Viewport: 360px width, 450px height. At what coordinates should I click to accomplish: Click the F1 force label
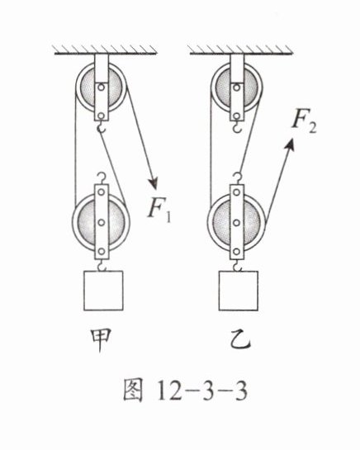[x=159, y=210]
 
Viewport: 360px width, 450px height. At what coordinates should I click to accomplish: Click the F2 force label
[x=305, y=123]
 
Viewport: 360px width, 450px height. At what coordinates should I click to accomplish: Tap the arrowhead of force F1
[x=154, y=182]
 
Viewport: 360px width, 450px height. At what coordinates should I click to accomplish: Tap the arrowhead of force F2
[x=290, y=144]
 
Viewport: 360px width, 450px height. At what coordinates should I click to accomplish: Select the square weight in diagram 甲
[x=103, y=291]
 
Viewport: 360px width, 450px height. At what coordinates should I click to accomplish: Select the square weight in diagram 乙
[x=239, y=291]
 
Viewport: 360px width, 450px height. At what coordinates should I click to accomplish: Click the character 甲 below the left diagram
[x=100, y=340]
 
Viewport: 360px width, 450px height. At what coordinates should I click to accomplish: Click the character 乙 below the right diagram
[x=239, y=340]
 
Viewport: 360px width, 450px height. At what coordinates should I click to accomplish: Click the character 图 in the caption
[x=133, y=391]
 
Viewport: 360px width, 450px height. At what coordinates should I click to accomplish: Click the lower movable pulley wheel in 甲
[x=101, y=222]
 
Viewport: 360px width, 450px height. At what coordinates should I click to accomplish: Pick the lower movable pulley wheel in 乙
[x=236, y=222]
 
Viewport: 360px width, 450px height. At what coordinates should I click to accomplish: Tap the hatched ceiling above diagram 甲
[x=106, y=50]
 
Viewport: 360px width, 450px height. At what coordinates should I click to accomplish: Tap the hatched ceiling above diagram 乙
[x=240, y=50]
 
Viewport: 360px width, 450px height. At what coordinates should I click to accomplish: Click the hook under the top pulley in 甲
[x=101, y=126]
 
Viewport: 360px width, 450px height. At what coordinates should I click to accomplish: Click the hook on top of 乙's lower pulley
[x=237, y=178]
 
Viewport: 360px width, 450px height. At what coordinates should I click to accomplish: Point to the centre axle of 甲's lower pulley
[x=101, y=222]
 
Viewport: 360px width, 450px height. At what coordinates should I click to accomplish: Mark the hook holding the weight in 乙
[x=237, y=265]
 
